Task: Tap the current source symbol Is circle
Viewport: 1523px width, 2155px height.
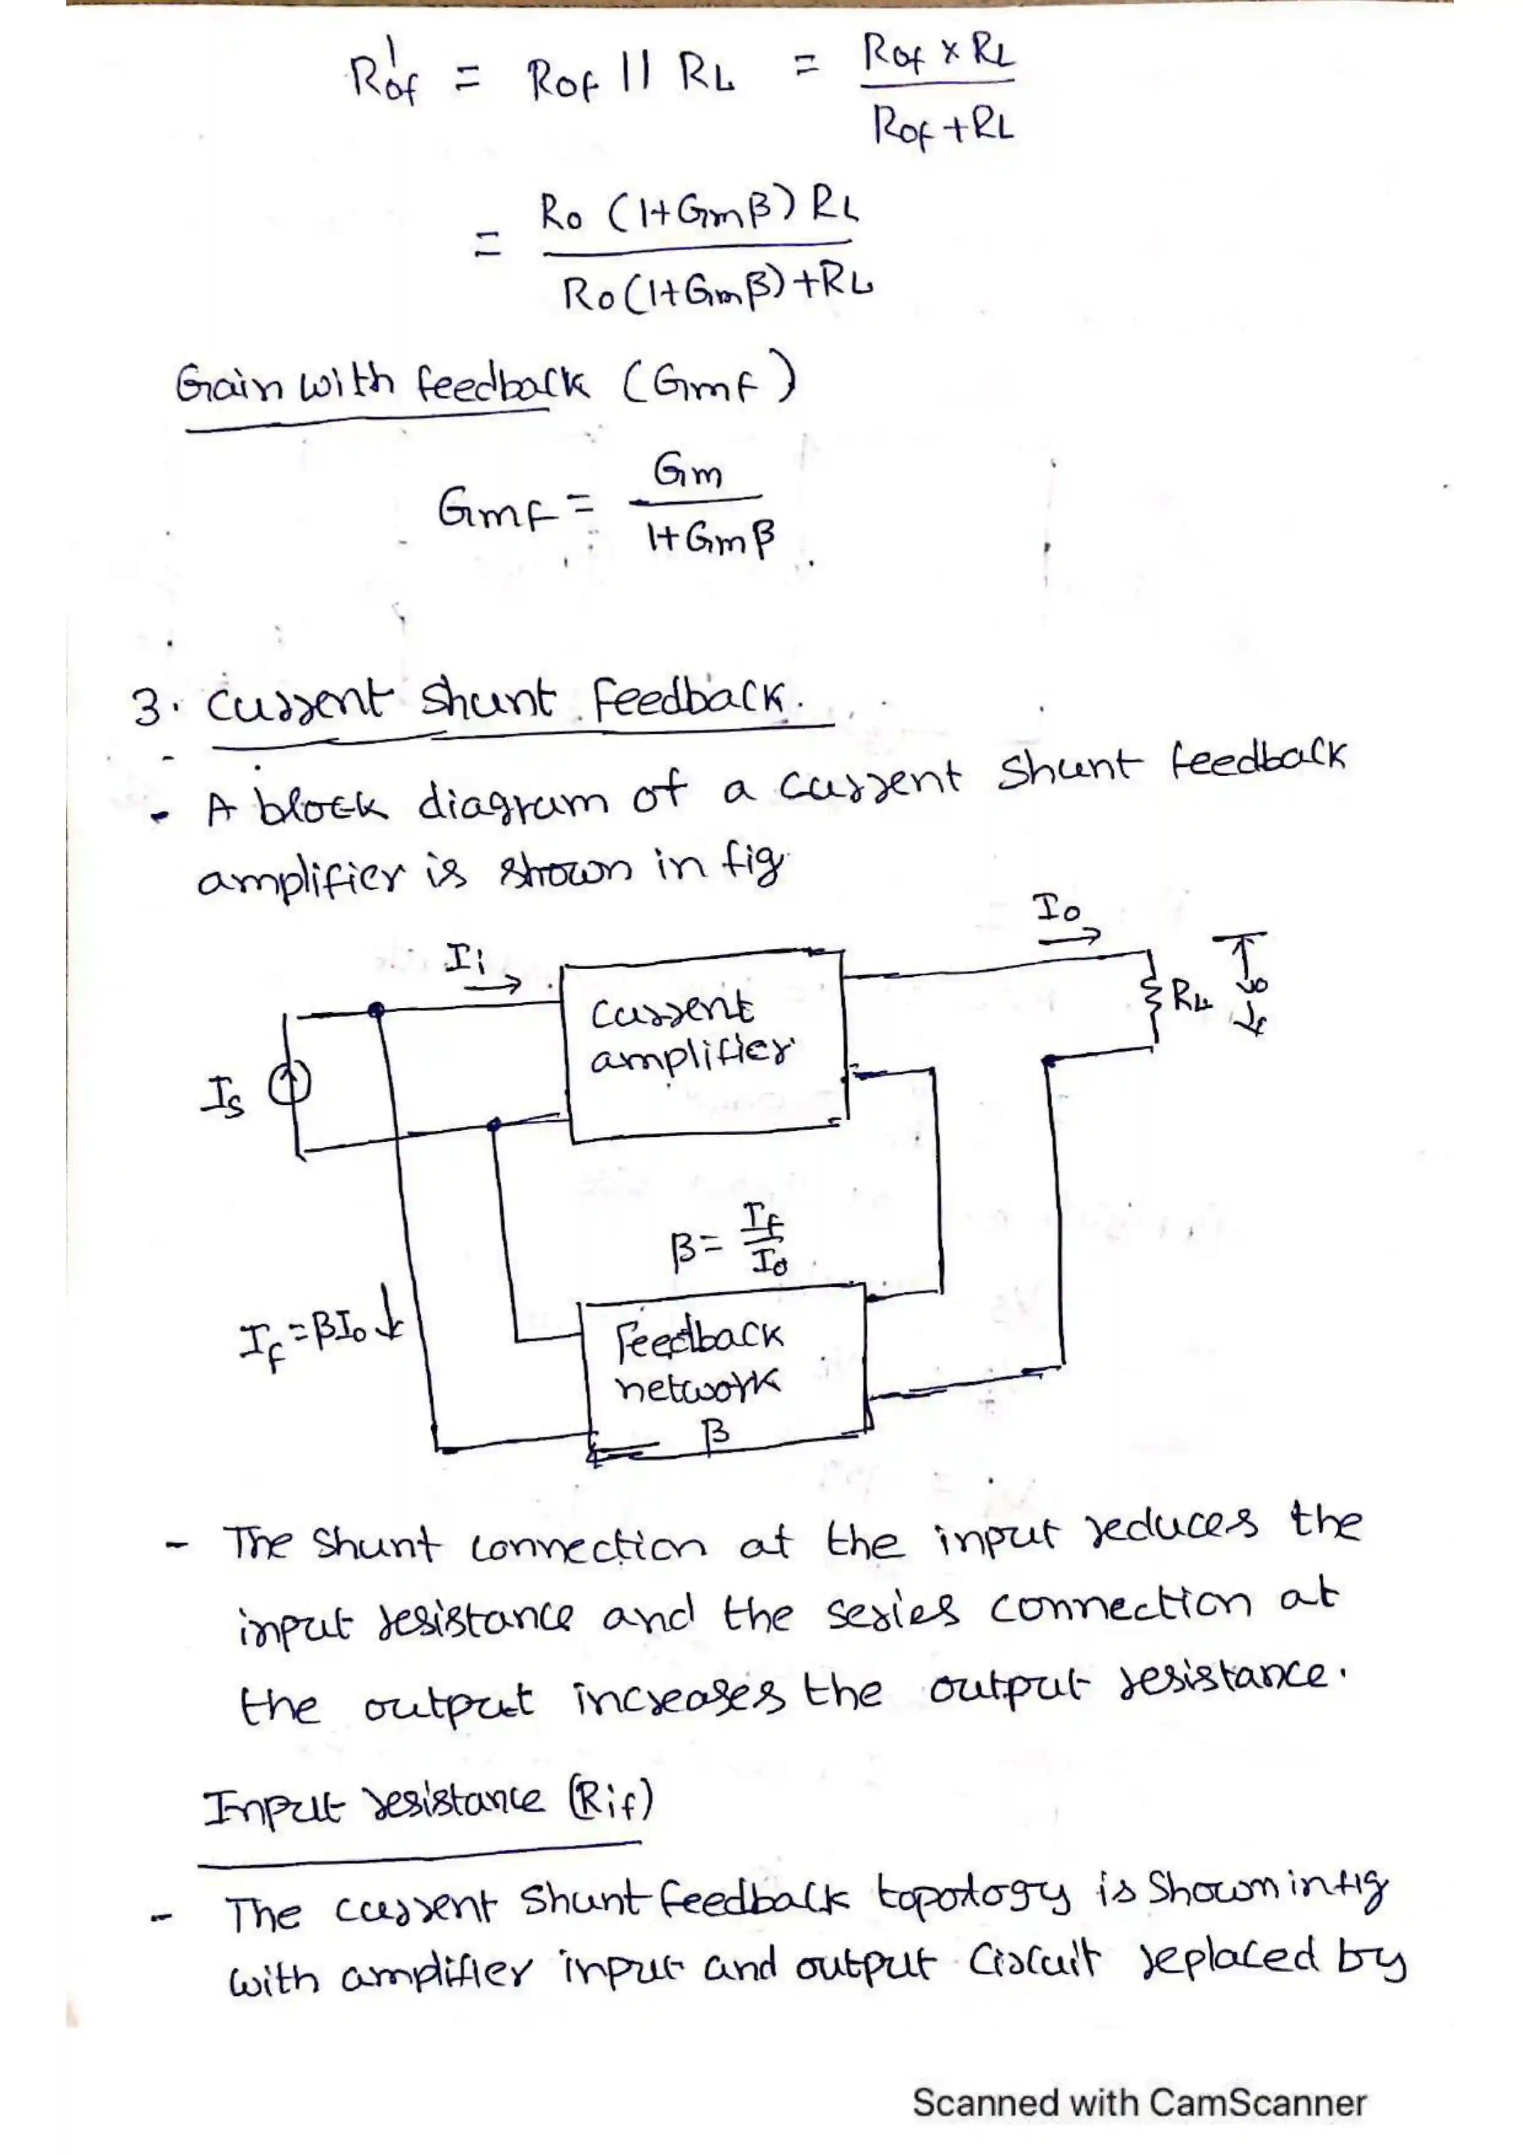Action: pos(289,1087)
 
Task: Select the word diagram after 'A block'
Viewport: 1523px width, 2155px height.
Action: pos(512,803)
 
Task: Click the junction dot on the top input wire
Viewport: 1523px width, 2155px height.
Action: pos(376,1010)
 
